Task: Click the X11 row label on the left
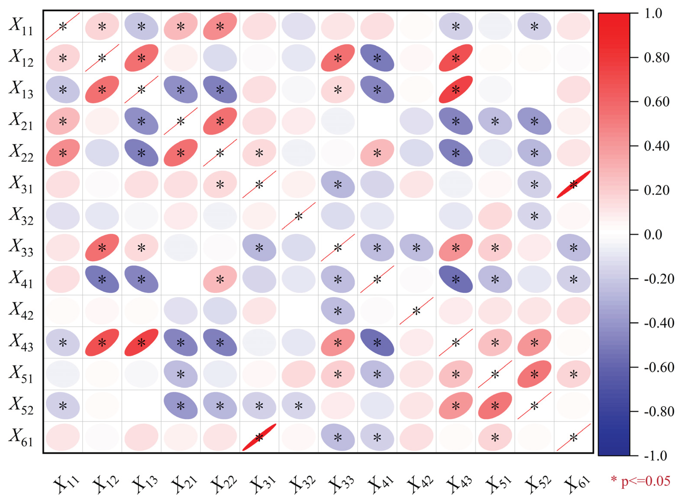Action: (21, 27)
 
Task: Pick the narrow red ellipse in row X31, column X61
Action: (573, 184)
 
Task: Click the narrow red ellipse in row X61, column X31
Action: (259, 437)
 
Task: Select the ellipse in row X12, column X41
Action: (377, 58)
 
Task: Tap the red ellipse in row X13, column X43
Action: (455, 90)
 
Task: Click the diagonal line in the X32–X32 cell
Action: (298, 216)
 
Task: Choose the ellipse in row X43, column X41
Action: (377, 342)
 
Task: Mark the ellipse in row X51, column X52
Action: (534, 374)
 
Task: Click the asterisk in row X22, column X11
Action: (63, 153)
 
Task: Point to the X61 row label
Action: (21, 437)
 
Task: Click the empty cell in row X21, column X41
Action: (377, 121)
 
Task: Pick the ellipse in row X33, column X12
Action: (102, 248)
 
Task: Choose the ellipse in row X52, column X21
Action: (180, 406)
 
